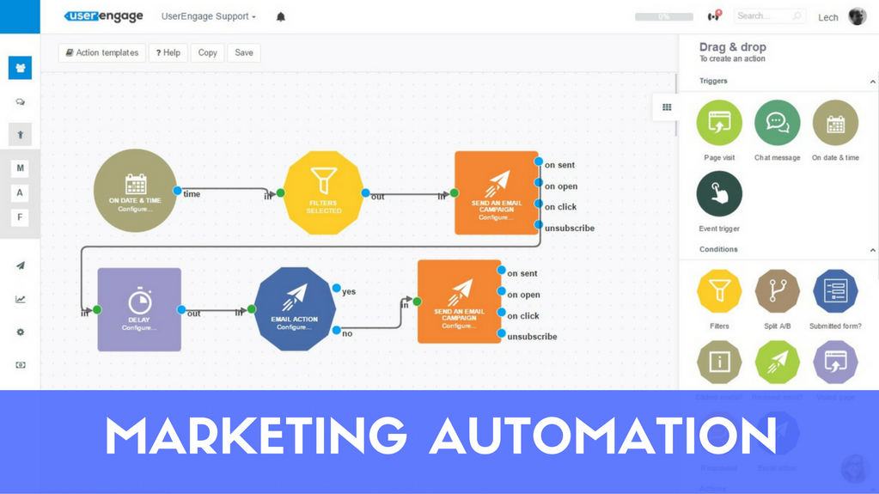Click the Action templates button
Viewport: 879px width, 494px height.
click(x=101, y=52)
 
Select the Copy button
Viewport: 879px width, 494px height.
click(x=207, y=52)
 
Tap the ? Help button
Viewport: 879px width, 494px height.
click(x=168, y=52)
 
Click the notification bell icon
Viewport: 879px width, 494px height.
click(x=280, y=16)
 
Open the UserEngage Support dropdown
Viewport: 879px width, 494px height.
click(x=209, y=16)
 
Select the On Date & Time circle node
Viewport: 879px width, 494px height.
click(x=135, y=191)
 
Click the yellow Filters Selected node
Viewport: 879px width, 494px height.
click(x=324, y=192)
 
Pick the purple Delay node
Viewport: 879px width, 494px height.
click(x=139, y=309)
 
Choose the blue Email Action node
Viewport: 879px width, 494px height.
click(x=295, y=309)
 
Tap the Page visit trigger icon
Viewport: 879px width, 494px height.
click(x=719, y=123)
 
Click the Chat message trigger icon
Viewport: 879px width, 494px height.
click(x=777, y=123)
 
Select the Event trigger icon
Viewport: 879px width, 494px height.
click(x=719, y=194)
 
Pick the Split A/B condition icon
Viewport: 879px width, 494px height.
click(x=777, y=292)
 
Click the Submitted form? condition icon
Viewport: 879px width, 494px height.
click(x=835, y=292)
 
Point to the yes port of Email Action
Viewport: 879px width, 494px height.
click(x=337, y=289)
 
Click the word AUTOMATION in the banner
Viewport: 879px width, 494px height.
click(x=602, y=436)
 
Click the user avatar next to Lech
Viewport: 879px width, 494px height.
click(x=857, y=16)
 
